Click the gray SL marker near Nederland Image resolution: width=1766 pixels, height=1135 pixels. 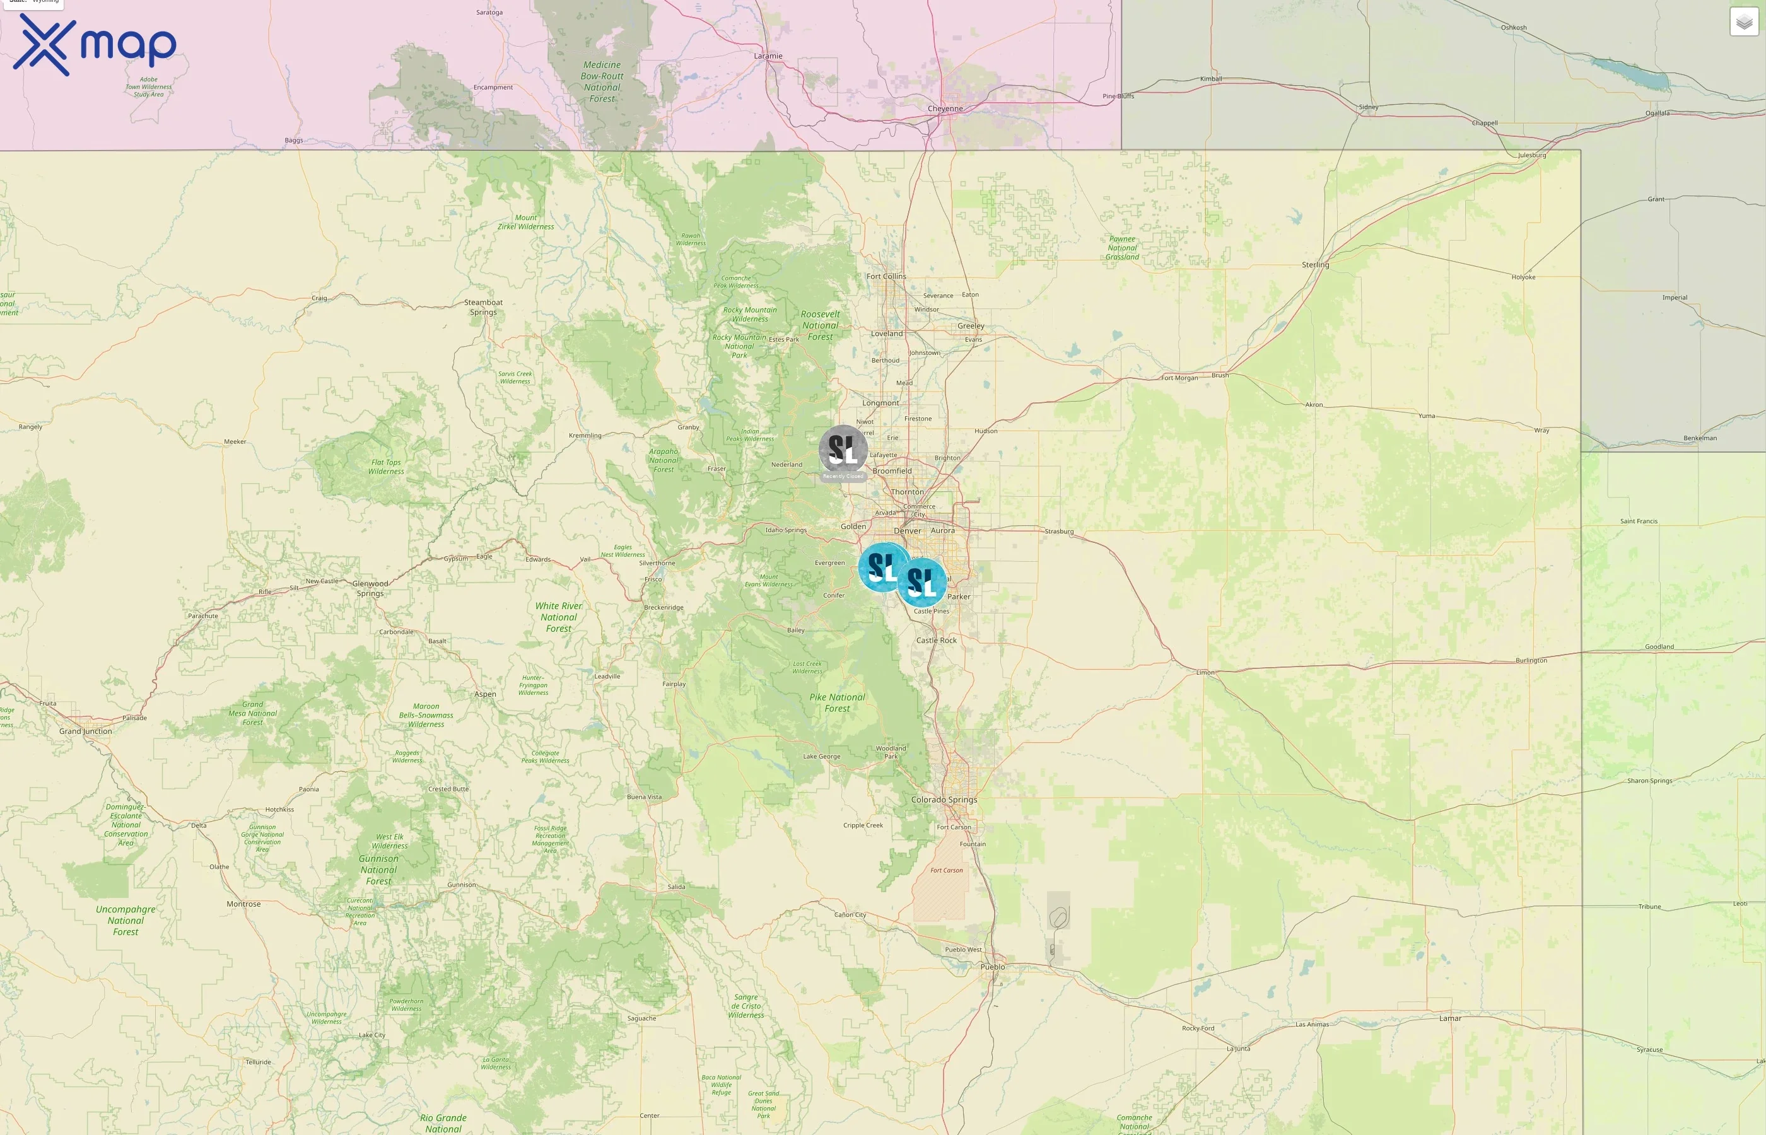(843, 449)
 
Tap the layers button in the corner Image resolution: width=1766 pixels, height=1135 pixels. (1743, 22)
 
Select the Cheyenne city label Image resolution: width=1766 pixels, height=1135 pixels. (945, 108)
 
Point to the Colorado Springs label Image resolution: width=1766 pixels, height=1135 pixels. (944, 800)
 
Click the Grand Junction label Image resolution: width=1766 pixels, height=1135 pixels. (86, 731)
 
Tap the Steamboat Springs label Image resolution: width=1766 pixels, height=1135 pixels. (484, 307)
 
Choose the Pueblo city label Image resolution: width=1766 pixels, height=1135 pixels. (992, 967)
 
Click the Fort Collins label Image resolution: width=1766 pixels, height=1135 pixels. (886, 276)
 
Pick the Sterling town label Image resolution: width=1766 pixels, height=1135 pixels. (1315, 265)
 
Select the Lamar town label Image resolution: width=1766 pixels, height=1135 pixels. (1450, 1018)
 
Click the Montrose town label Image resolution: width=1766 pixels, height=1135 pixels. (243, 904)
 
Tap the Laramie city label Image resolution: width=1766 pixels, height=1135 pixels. (768, 56)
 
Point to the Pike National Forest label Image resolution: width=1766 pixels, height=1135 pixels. (838, 703)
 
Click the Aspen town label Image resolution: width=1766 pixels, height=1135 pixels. (485, 694)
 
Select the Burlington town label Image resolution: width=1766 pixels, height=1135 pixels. (1531, 660)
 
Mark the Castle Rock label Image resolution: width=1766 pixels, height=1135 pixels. (936, 641)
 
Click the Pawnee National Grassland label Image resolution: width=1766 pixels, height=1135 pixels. (1122, 248)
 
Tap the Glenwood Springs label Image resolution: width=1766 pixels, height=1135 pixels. (370, 588)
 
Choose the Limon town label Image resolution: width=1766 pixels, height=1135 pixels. (1205, 673)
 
